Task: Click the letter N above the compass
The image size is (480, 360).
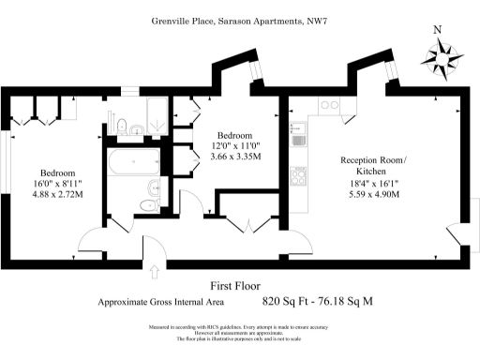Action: click(436, 28)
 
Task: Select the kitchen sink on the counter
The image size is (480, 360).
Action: click(297, 141)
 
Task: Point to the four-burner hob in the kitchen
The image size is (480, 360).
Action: click(299, 175)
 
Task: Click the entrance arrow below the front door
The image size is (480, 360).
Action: click(154, 272)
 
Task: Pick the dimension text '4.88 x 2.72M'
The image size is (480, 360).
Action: click(57, 195)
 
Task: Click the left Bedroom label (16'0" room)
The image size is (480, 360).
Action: click(57, 173)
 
